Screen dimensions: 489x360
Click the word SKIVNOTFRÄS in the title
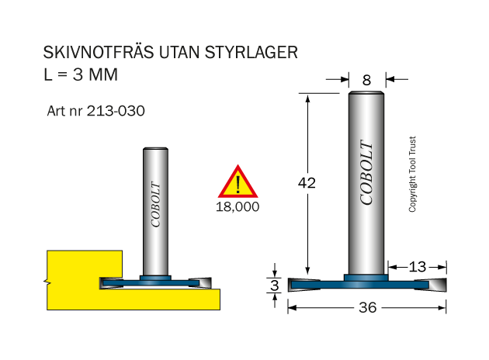pos(99,52)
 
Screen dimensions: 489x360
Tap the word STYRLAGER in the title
pos(251,52)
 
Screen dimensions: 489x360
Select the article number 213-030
pos(116,111)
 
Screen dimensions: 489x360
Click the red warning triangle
pos(238,182)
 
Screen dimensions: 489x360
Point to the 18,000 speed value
pos(238,207)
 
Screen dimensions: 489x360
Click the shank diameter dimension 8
pos(366,81)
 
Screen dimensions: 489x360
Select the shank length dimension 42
pos(307,183)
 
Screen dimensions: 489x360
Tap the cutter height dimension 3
pos(275,286)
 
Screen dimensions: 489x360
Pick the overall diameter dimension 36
pos(368,308)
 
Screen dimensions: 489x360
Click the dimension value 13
pos(418,267)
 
